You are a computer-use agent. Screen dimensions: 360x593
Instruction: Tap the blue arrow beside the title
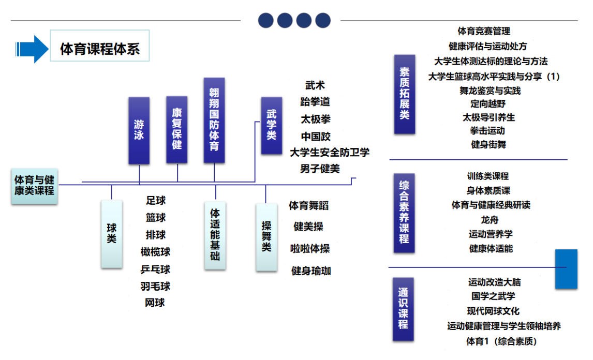pyautogui.click(x=32, y=49)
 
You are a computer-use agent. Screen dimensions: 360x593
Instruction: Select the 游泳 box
pyautogui.click(x=139, y=131)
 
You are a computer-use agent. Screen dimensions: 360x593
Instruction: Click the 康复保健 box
pyautogui.click(x=177, y=130)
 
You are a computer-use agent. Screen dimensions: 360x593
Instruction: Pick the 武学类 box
pyautogui.click(x=271, y=126)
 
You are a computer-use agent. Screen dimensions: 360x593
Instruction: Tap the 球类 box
pyautogui.click(x=112, y=234)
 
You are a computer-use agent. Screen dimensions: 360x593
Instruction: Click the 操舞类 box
pyautogui.click(x=266, y=237)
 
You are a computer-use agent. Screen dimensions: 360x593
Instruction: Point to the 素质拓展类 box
pyautogui.click(x=405, y=95)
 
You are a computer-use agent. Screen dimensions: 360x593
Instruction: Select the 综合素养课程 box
pyautogui.click(x=404, y=214)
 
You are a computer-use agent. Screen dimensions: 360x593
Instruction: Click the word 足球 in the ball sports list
pyautogui.click(x=156, y=200)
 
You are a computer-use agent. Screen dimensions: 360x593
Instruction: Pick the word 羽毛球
pyautogui.click(x=155, y=286)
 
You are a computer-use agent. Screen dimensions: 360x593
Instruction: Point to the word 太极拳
pyautogui.click(x=316, y=119)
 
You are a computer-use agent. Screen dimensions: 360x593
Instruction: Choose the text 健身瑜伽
pyautogui.click(x=312, y=271)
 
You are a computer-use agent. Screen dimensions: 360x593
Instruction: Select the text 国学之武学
pyautogui.click(x=493, y=296)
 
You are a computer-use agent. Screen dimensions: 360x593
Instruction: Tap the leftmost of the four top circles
pyautogui.click(x=265, y=21)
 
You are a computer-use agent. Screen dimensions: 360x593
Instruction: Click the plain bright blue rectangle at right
pyautogui.click(x=566, y=269)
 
